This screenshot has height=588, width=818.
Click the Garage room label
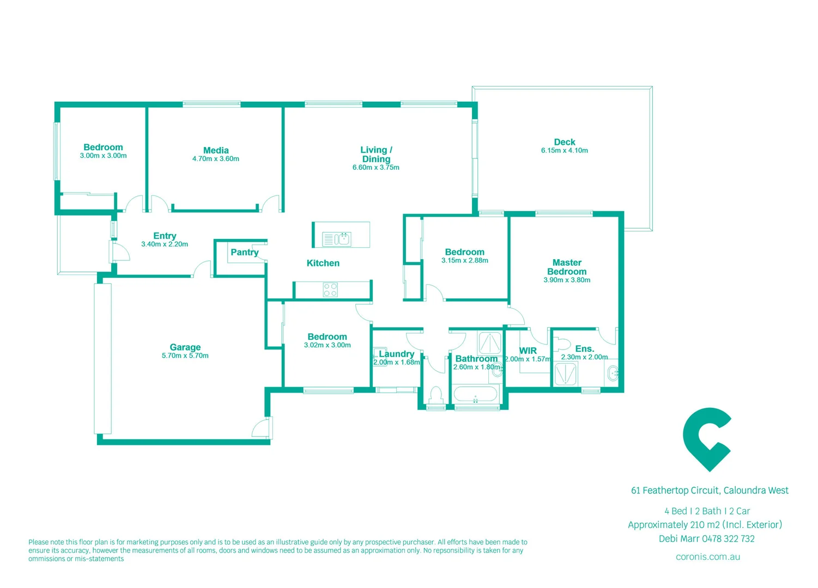pos(185,347)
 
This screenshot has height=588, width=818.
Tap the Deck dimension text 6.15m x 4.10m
pos(565,151)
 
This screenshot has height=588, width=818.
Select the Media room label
pos(216,150)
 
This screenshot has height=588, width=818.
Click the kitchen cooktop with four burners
pos(330,290)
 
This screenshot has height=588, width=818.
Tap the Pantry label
pos(244,252)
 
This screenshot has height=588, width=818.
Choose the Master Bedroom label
pos(567,267)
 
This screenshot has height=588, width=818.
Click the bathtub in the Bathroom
pos(475,394)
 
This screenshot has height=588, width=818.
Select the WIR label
pos(528,351)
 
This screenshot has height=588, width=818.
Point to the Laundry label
pos(396,354)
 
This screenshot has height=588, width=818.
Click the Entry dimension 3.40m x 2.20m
pos(165,244)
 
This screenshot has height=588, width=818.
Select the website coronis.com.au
pos(707,556)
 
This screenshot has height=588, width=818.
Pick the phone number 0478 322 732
pos(728,539)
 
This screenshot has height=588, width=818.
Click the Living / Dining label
pos(376,154)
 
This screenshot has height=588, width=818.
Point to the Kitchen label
pos(323,263)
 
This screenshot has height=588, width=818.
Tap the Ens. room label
pos(584,348)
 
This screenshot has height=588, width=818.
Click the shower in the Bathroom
pos(489,343)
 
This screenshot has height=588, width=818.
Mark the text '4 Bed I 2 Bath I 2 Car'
pos(707,511)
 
